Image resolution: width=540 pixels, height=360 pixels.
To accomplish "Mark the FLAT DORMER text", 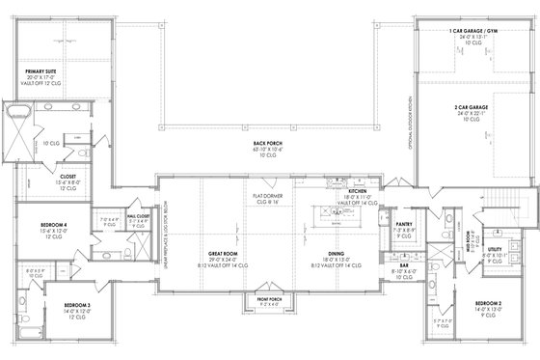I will pos(266,197).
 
